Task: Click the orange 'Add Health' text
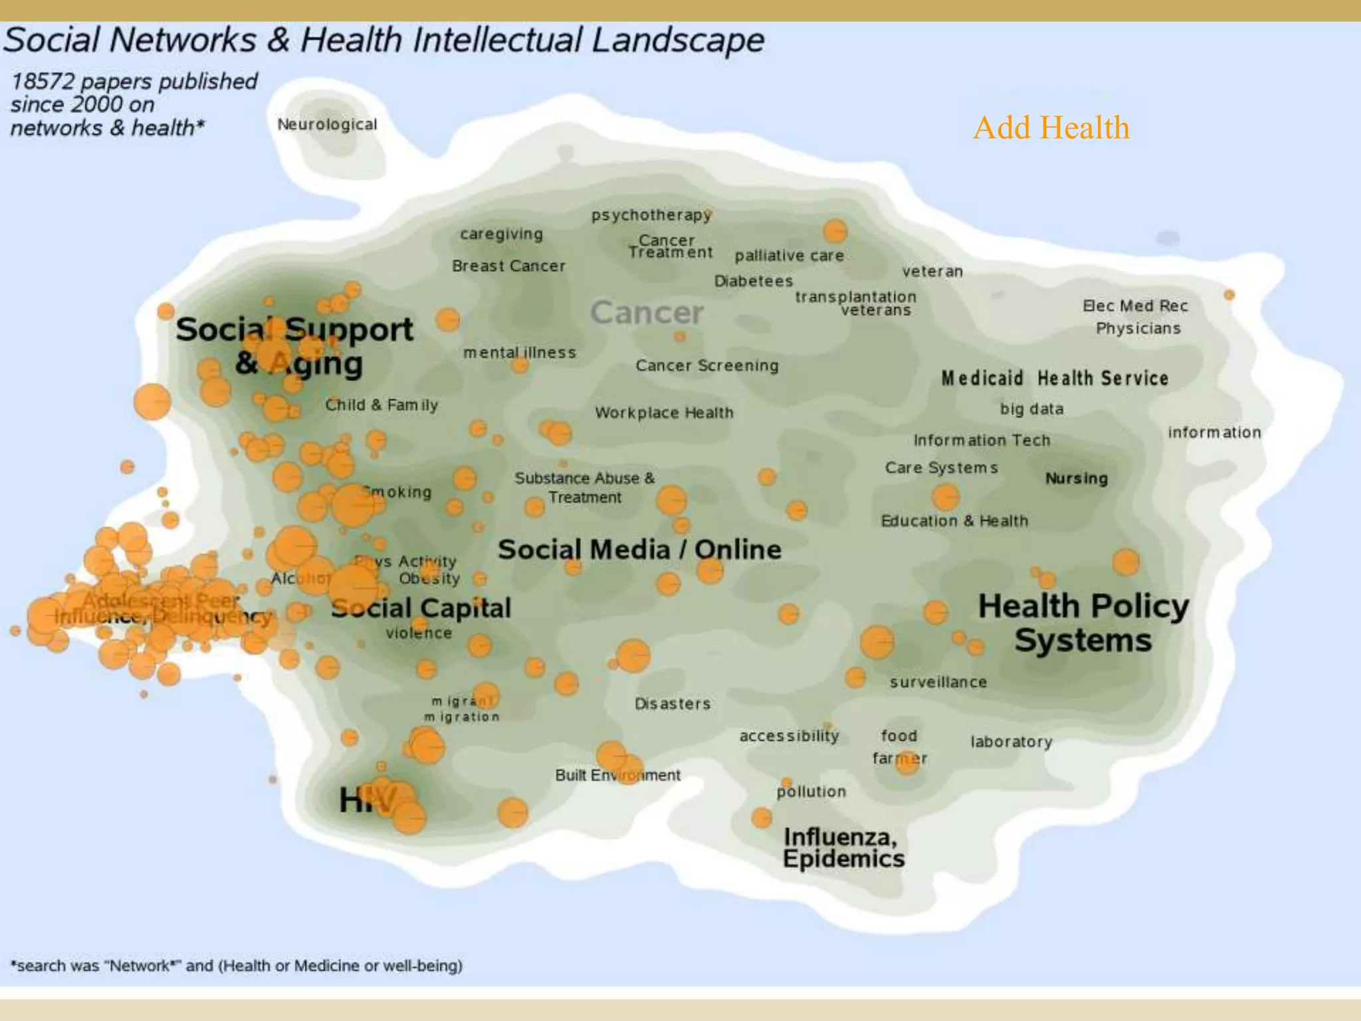pyautogui.click(x=1051, y=128)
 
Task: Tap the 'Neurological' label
pyautogui.click(x=327, y=124)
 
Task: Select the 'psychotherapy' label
pyautogui.click(x=651, y=215)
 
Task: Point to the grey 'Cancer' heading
pyautogui.click(x=647, y=312)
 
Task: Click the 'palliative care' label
pyautogui.click(x=789, y=255)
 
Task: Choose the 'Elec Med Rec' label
pyautogui.click(x=1135, y=306)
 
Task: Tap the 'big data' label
pyautogui.click(x=1031, y=409)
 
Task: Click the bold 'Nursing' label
pyautogui.click(x=1077, y=478)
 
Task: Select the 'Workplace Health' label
pyautogui.click(x=664, y=413)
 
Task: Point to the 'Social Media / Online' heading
pyautogui.click(x=639, y=549)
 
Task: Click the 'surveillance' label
pyautogui.click(x=938, y=682)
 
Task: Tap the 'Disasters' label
pyautogui.click(x=673, y=703)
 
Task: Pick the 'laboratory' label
pyautogui.click(x=1011, y=741)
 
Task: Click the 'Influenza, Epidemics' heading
pyautogui.click(x=843, y=848)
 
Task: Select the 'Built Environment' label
pyautogui.click(x=617, y=775)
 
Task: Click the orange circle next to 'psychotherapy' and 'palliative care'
pyautogui.click(x=835, y=231)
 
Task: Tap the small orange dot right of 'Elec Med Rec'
pyautogui.click(x=1229, y=294)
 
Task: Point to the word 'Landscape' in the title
pyautogui.click(x=678, y=40)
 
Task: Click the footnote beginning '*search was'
pyautogui.click(x=237, y=965)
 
